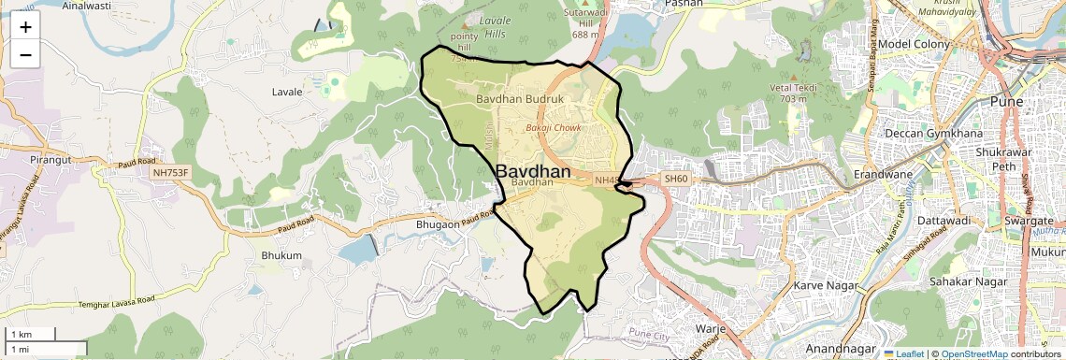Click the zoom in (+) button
25,27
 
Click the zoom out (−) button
25,55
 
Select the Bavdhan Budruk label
519,98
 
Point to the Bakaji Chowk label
554,126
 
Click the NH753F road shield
169,172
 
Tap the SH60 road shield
675,178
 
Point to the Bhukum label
281,254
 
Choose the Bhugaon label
435,225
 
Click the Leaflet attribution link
905,353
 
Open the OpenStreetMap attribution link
973,353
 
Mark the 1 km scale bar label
21,334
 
